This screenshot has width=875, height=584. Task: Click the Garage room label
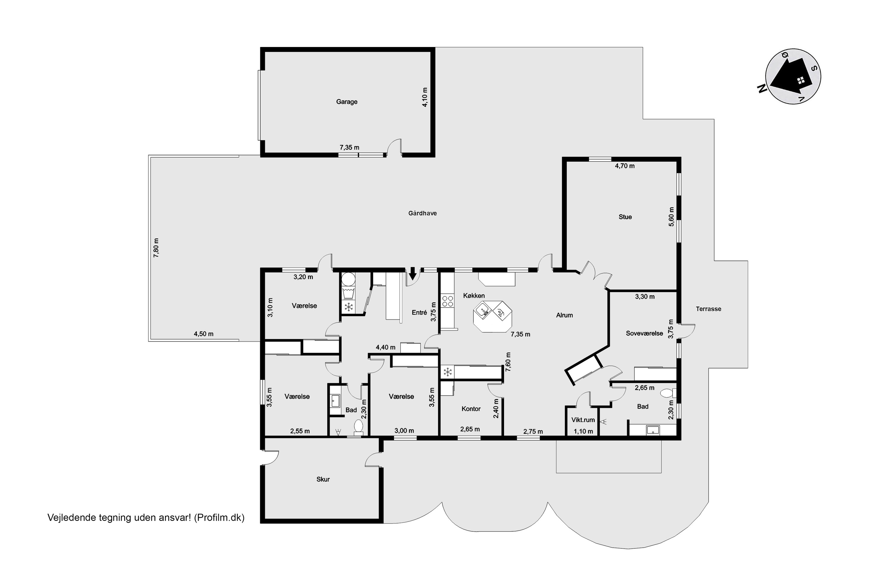click(347, 102)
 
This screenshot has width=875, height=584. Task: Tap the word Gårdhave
click(422, 213)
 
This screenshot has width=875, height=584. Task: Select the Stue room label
click(625, 217)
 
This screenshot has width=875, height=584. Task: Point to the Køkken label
click(474, 296)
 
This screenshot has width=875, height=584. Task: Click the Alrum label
click(564, 315)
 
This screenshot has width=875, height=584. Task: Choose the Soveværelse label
click(644, 333)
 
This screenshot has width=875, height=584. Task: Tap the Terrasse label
click(708, 309)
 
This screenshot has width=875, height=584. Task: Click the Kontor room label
click(471, 409)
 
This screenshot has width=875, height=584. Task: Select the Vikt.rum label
click(583, 420)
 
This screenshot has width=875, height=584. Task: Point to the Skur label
click(323, 479)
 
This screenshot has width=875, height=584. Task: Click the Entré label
click(419, 312)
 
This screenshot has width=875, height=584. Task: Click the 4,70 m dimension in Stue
click(625, 166)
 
